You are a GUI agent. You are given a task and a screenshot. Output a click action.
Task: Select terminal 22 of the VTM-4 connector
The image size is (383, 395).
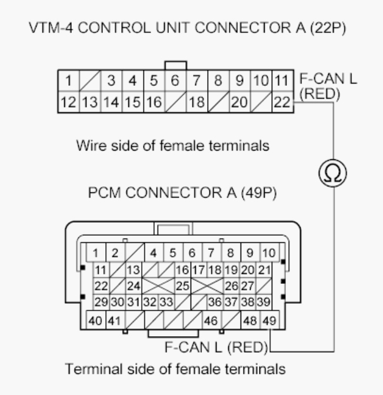tap(282, 102)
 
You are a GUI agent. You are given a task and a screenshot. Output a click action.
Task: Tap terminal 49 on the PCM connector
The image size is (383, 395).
tap(269, 322)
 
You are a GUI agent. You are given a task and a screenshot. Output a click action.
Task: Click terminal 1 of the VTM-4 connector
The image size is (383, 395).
tap(68, 79)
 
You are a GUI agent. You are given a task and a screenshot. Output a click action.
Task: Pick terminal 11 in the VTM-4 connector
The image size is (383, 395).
tap(282, 79)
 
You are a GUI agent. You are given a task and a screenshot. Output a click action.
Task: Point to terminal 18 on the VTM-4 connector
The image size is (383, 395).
tap(197, 102)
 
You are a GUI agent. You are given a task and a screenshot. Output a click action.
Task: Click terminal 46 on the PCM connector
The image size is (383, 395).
tap(211, 322)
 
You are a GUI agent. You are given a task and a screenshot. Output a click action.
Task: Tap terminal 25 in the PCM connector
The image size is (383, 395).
tap(182, 286)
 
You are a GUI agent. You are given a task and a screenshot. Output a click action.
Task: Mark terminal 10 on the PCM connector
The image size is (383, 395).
tap(268, 254)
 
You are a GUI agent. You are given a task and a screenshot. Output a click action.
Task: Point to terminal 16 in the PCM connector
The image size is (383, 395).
tap(182, 271)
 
